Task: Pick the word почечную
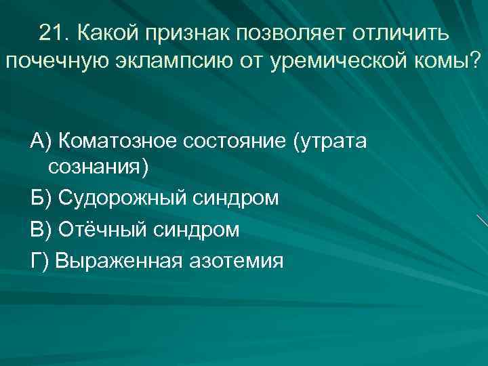(58, 63)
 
